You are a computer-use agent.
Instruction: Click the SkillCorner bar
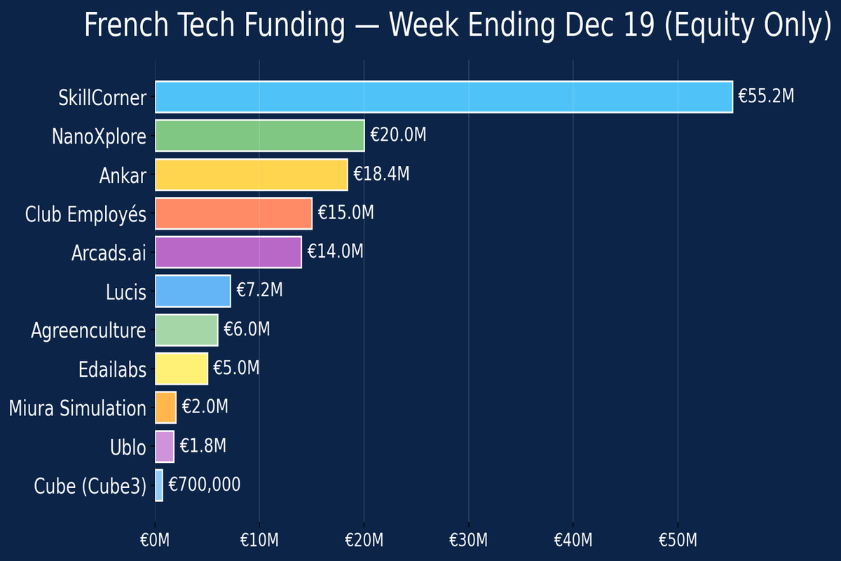click(444, 97)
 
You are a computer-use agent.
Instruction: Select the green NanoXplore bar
click(259, 136)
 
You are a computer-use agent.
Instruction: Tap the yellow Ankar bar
click(251, 174)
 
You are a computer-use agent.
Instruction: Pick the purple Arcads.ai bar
click(228, 252)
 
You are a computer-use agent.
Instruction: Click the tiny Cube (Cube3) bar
click(159, 485)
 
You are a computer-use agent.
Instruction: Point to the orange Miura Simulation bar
click(165, 407)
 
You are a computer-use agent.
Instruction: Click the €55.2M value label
click(766, 97)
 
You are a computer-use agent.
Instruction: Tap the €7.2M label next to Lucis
click(259, 291)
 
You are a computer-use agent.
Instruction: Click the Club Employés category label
click(86, 214)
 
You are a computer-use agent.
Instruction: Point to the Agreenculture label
click(88, 330)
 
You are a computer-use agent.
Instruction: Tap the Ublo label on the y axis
click(128, 446)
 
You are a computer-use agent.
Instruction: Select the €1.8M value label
click(203, 446)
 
